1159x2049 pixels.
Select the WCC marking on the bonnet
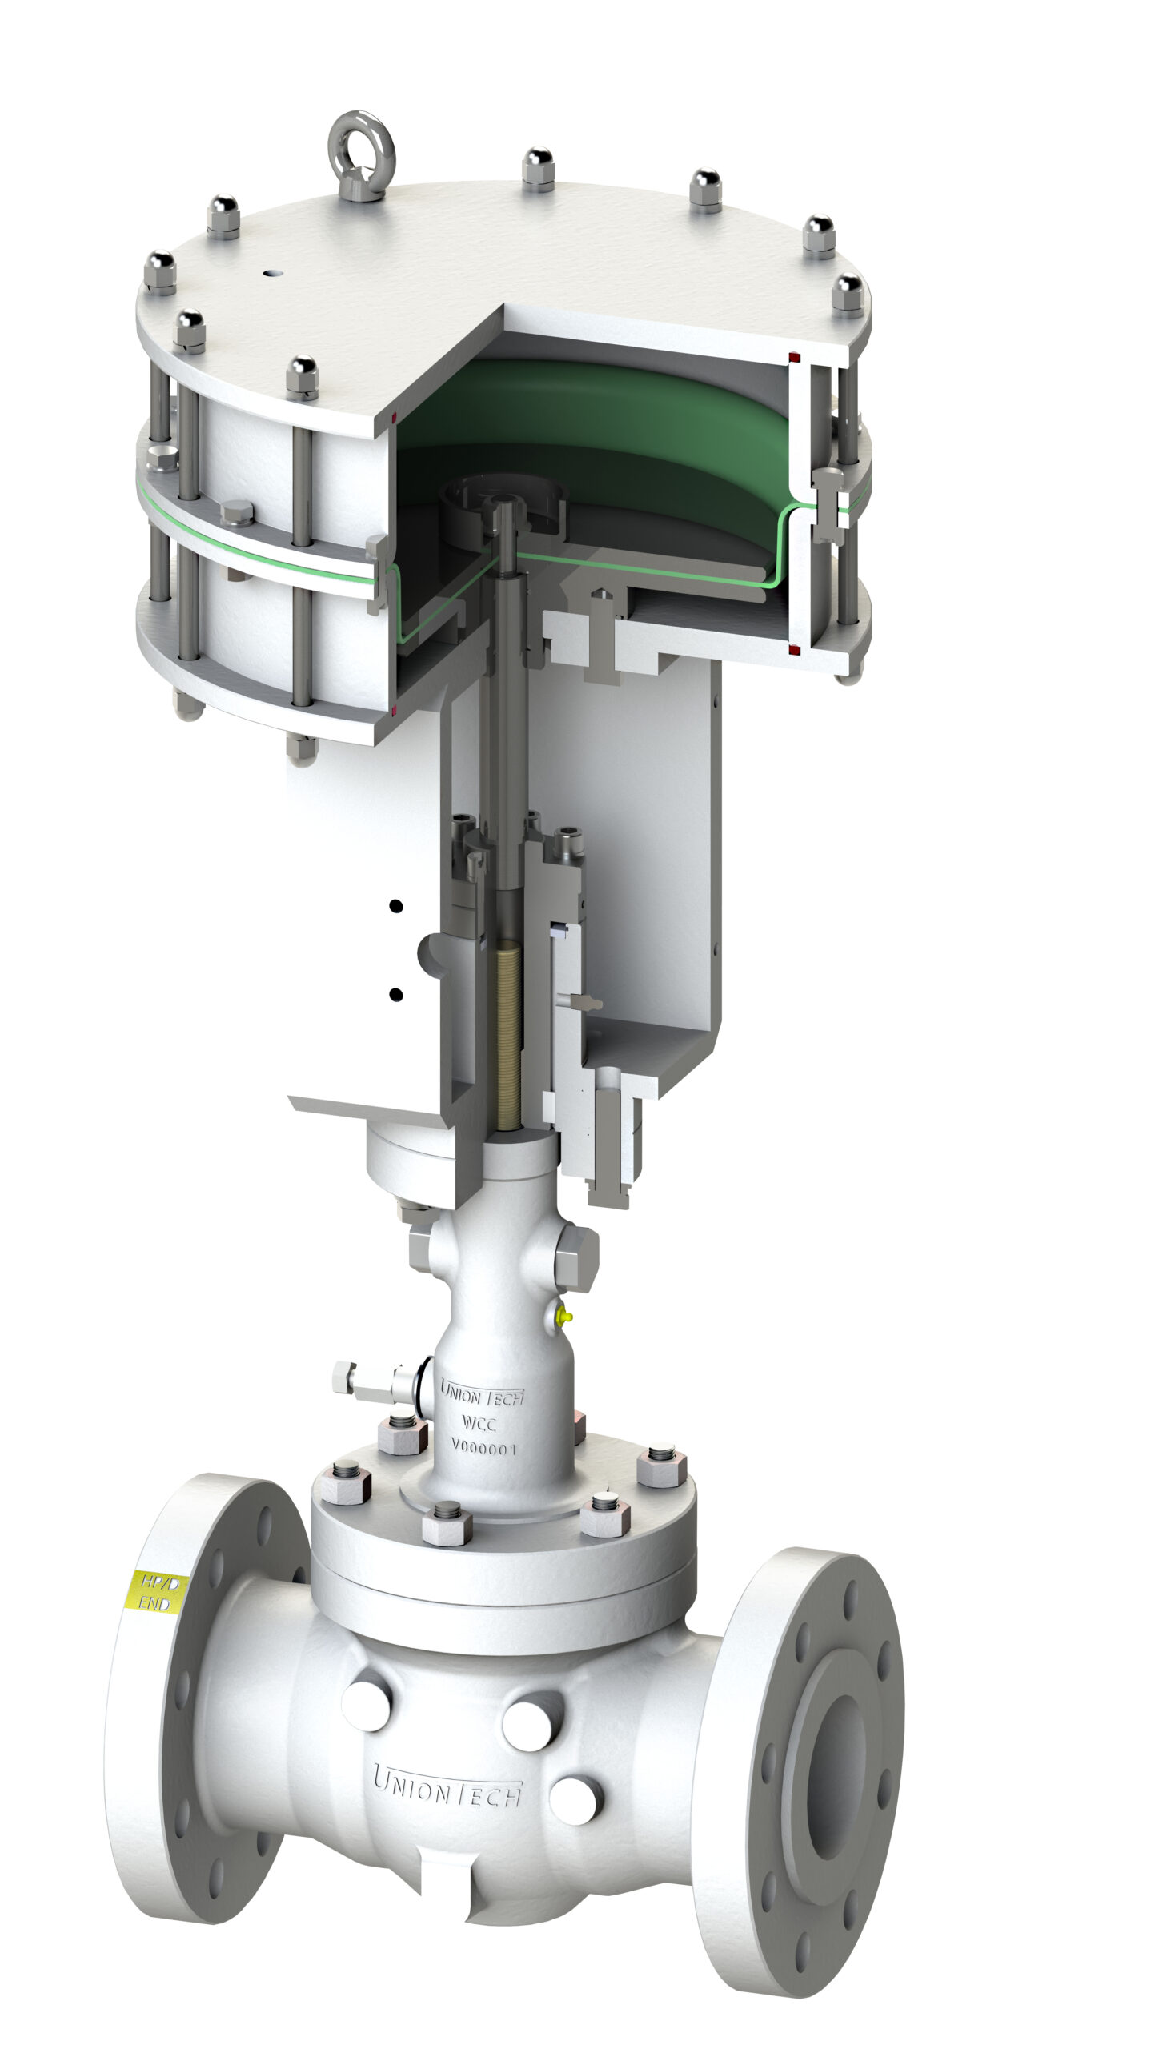[479, 1423]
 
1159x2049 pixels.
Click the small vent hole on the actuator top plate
[273, 273]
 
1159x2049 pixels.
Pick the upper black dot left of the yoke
[395, 906]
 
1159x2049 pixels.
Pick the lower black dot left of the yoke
[395, 995]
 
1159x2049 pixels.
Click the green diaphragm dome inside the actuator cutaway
[592, 412]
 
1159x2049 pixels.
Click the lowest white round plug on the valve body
[575, 1800]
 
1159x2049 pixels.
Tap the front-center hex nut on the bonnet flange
[446, 1519]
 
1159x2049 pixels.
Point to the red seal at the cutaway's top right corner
[794, 356]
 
